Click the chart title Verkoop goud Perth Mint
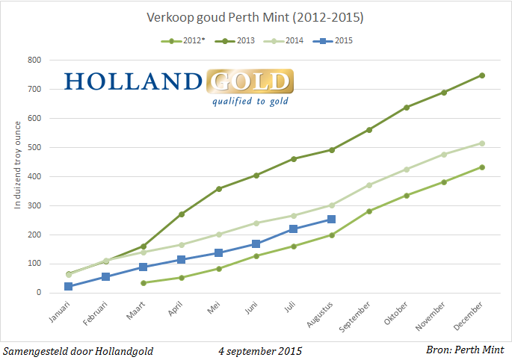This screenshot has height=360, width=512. pyautogui.click(x=256, y=16)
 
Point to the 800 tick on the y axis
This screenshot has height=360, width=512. pyautogui.click(x=34, y=60)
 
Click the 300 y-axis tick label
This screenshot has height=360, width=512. pyautogui.click(x=34, y=205)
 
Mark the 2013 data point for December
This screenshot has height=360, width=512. pyautogui.click(x=482, y=75)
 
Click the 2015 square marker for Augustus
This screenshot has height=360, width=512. pyautogui.click(x=331, y=220)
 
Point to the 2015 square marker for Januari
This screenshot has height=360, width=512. pyautogui.click(x=68, y=286)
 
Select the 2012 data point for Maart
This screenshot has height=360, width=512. pyautogui.click(x=144, y=282)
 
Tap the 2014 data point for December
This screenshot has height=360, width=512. pyautogui.click(x=482, y=143)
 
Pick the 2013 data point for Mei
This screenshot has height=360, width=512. pyautogui.click(x=218, y=189)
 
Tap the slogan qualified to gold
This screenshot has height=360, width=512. pyautogui.click(x=250, y=102)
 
